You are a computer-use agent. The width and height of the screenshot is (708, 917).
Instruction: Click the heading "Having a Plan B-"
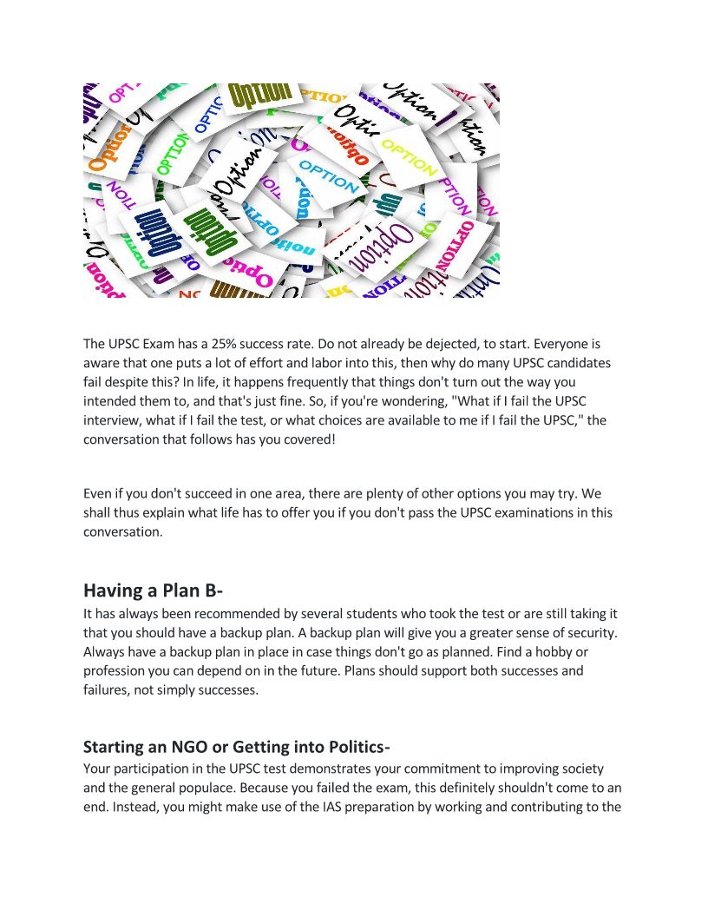153,590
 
